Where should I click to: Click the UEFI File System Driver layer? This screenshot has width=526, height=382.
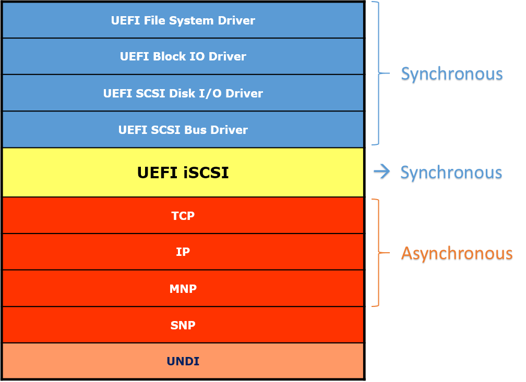183,20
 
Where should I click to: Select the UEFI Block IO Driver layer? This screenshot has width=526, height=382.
183,56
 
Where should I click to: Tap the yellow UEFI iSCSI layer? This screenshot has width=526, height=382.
183,172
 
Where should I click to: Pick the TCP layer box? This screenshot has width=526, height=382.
183,215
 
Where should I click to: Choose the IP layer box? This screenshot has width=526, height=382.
183,252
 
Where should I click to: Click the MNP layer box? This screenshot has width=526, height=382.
183,288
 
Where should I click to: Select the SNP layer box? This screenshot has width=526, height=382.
183,325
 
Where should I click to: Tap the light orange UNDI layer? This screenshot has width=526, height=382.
183,361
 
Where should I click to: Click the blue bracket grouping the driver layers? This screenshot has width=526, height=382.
378,73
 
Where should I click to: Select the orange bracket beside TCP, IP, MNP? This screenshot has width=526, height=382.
378,253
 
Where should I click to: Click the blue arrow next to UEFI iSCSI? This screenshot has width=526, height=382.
382,172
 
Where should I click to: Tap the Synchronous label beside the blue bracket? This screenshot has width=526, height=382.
451,75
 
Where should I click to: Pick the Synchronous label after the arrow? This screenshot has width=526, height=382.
451,173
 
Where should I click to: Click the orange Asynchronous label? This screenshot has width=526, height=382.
457,254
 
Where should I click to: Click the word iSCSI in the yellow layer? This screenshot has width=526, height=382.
206,172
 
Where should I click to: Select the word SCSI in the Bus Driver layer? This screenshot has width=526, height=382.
168,130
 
